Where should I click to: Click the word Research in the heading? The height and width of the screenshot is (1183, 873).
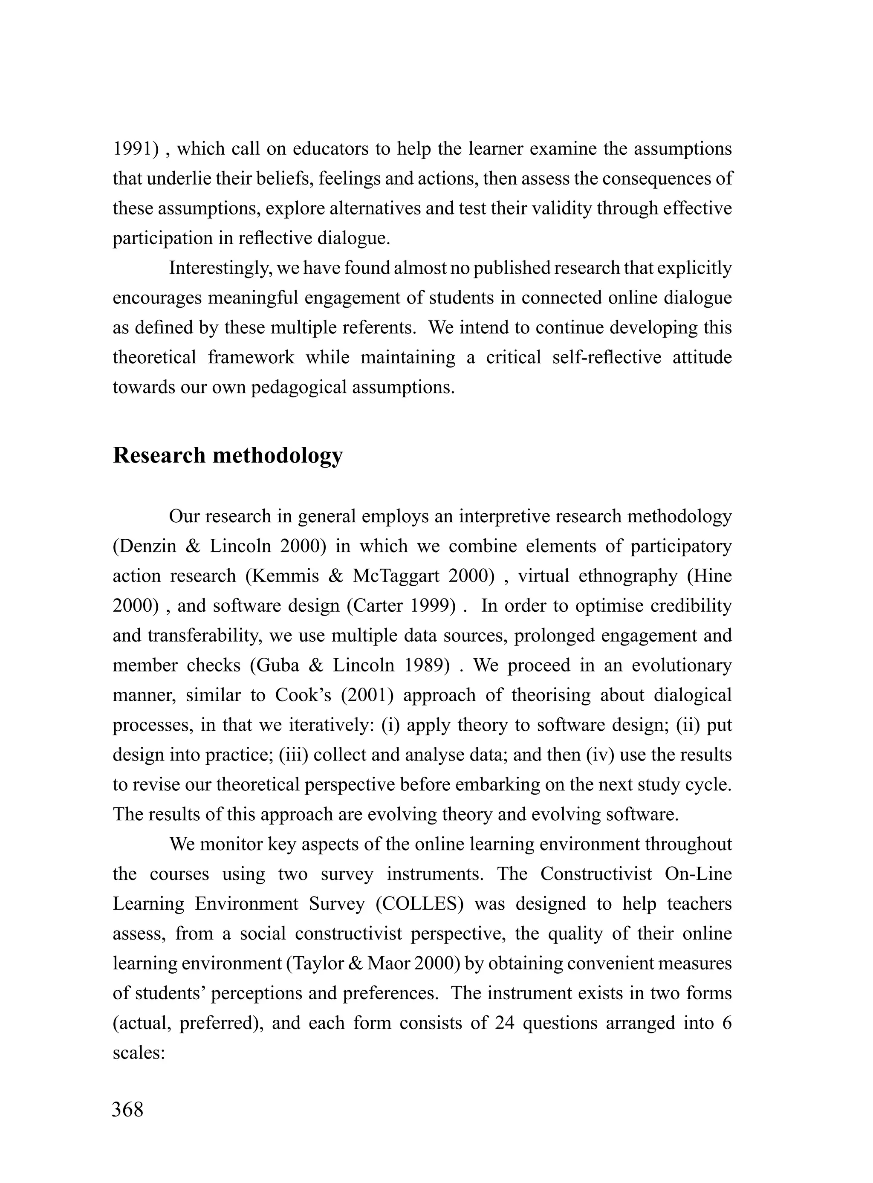pos(159,455)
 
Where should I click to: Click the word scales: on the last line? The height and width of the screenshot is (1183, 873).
pos(139,1053)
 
